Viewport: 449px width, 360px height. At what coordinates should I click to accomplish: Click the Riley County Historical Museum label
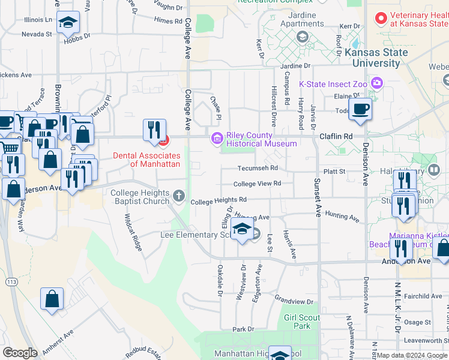pyautogui.click(x=261, y=139)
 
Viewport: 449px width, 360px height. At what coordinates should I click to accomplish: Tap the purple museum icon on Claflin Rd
pyautogui.click(x=216, y=139)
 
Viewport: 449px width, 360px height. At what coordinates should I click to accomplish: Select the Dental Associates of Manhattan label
pyautogui.click(x=146, y=160)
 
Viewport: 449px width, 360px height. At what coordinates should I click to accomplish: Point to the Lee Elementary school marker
pyautogui.click(x=242, y=230)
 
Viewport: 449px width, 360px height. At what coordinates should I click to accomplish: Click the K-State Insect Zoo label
pyautogui.click(x=333, y=84)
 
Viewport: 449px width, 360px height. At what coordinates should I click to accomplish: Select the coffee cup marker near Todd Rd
pyautogui.click(x=360, y=110)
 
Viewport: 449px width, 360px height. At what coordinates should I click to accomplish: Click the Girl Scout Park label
pyautogui.click(x=298, y=322)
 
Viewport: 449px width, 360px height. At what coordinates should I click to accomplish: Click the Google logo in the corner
pyautogui.click(x=20, y=353)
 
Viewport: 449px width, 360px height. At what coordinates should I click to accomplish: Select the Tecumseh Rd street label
pyautogui.click(x=258, y=169)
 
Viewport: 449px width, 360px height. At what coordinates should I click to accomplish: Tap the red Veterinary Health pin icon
pyautogui.click(x=380, y=19)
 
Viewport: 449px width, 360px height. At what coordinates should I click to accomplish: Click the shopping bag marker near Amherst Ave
pyautogui.click(x=52, y=299)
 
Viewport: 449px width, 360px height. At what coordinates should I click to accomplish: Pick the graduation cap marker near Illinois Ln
pyautogui.click(x=68, y=23)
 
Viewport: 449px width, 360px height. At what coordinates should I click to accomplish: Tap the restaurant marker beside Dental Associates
pyautogui.click(x=154, y=129)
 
